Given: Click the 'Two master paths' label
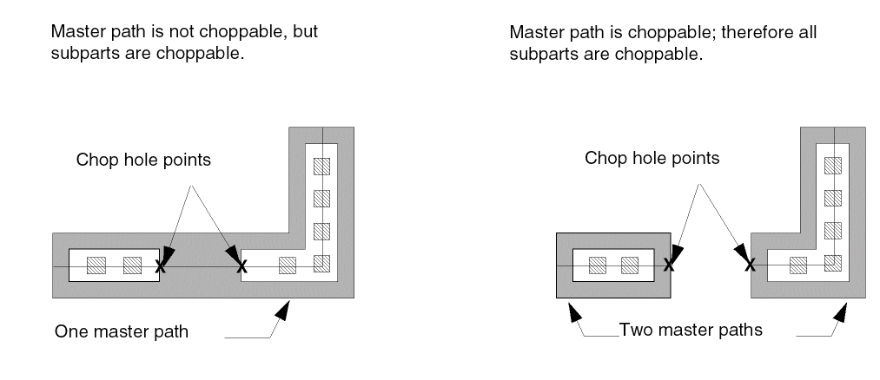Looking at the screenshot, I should pyautogui.click(x=690, y=331).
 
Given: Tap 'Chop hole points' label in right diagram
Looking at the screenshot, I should pyautogui.click(x=652, y=159).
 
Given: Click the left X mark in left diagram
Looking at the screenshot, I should pyautogui.click(x=160, y=266).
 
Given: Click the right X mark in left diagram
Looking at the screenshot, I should pyautogui.click(x=242, y=265).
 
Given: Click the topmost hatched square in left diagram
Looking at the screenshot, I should pyautogui.click(x=322, y=165).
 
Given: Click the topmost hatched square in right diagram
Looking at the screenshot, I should pyautogui.click(x=831, y=165).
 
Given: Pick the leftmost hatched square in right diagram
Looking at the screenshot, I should pyautogui.click(x=597, y=265).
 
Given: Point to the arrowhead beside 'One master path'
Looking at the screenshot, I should pyautogui.click(x=283, y=307).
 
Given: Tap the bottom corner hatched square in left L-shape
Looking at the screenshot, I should pyautogui.click(x=322, y=264).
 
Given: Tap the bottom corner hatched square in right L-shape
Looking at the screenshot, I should pyautogui.click(x=831, y=264).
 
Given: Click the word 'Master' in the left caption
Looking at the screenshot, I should pyautogui.click(x=75, y=33).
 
